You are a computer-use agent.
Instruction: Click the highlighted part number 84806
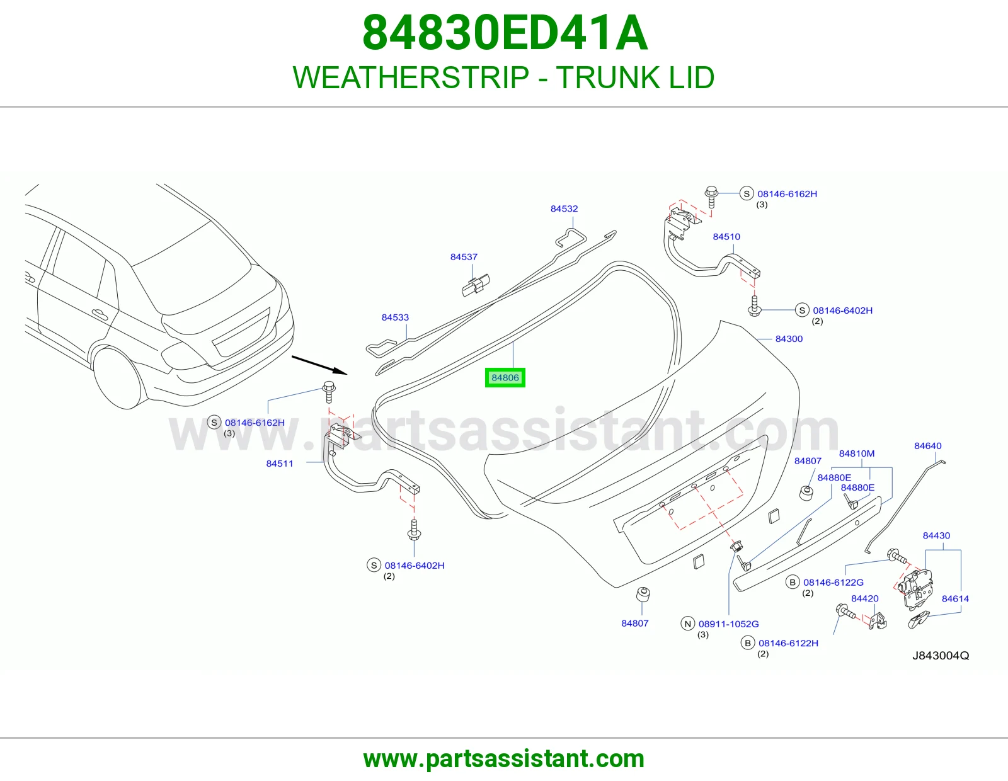pos(505,377)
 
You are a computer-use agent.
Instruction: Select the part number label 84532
pos(564,208)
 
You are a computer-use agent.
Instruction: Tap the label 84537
pos(464,257)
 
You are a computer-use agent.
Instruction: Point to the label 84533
pos(395,317)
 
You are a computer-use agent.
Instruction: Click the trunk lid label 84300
pos(789,339)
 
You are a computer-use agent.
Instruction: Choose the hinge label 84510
pos(726,237)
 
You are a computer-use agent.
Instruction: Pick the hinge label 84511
pos(280,464)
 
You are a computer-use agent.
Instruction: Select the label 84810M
pos(857,453)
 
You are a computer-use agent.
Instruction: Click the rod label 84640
pos(928,446)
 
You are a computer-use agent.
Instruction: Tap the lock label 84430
pos(936,535)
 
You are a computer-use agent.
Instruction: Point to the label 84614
pos(955,599)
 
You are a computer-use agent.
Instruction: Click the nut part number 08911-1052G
pos(729,624)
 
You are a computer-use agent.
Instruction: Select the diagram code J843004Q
pos(941,655)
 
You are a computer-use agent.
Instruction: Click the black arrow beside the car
pos(319,365)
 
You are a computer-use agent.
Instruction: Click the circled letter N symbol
pos(687,624)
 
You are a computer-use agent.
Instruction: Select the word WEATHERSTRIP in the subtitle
pos(411,77)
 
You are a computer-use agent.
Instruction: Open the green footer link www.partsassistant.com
pos(504,759)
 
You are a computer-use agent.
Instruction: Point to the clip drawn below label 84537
pos(476,285)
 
